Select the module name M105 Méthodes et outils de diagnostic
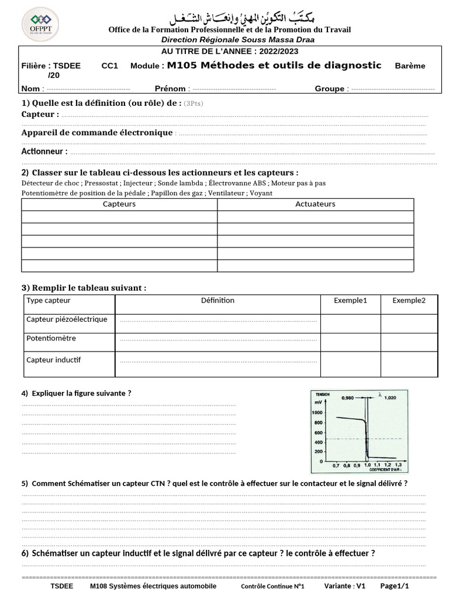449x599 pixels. click(274, 66)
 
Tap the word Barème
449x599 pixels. click(410, 66)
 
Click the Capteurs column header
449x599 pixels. click(119, 204)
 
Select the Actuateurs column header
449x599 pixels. click(315, 204)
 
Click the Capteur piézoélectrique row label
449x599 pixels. click(67, 319)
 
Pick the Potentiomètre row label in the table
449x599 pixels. click(51, 338)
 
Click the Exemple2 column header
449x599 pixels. click(409, 301)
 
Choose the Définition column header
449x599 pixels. click(217, 301)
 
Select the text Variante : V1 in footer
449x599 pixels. click(345, 586)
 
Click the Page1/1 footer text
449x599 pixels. click(394, 586)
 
